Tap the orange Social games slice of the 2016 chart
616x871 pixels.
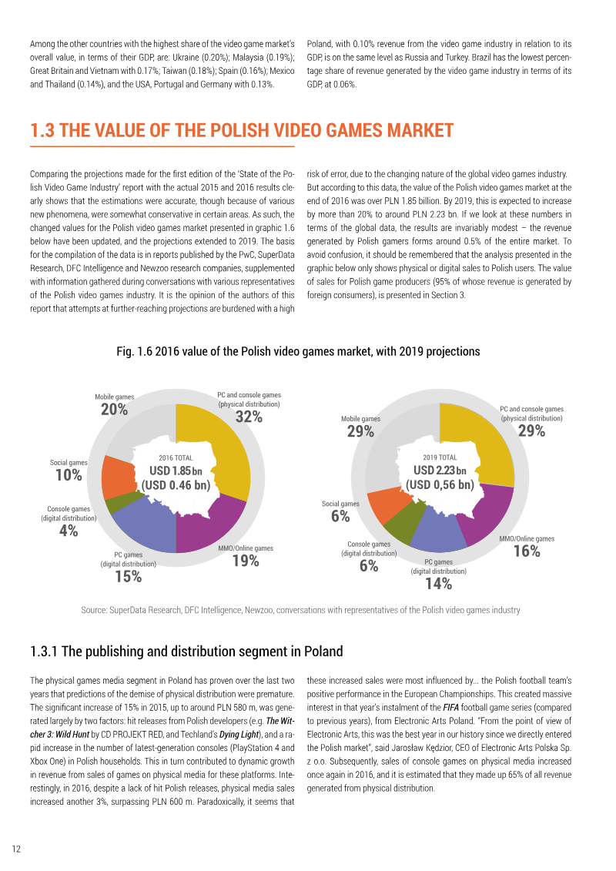[118, 477]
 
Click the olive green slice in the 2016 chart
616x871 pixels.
[118, 503]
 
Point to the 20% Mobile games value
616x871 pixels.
[115, 410]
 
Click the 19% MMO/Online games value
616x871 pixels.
[246, 561]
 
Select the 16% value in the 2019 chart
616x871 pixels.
[527, 551]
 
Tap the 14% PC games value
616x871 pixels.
[439, 583]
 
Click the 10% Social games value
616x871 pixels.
[69, 475]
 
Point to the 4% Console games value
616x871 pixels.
[69, 531]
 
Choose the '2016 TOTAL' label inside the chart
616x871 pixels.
[176, 457]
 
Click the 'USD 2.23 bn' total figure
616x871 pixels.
[440, 471]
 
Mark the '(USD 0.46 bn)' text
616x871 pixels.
[176, 485]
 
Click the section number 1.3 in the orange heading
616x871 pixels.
[42, 131]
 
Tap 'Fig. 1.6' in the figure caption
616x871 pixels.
[134, 352]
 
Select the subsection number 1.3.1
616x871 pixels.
[44, 652]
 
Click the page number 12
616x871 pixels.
[16, 849]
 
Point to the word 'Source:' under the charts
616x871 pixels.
[94, 610]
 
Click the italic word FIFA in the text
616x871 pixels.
[450, 708]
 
